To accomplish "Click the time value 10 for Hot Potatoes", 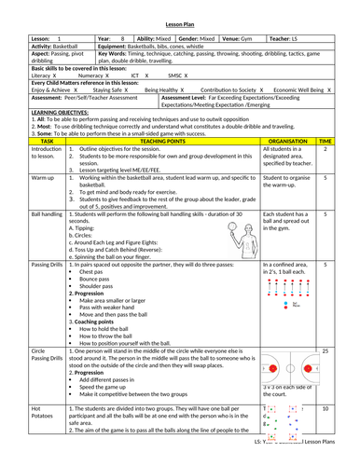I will (325, 407).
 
